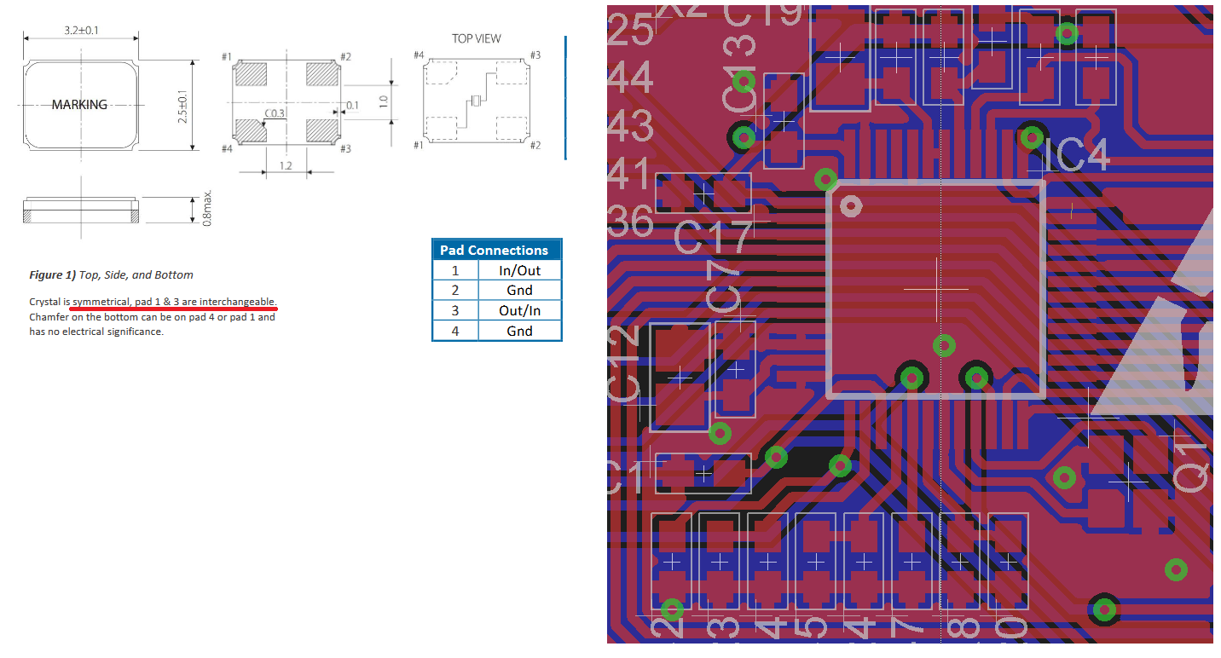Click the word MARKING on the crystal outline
click(x=79, y=105)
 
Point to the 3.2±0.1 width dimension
click(x=80, y=31)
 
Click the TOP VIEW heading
click(x=477, y=39)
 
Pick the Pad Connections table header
click(x=494, y=250)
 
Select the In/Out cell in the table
click(x=518, y=270)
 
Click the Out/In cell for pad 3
click(x=518, y=310)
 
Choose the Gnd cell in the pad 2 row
click(x=518, y=291)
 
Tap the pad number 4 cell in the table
click(x=454, y=331)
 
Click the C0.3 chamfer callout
click(x=275, y=113)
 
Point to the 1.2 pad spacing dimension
click(x=285, y=165)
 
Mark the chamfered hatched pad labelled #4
click(x=249, y=130)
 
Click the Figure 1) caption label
click(x=52, y=275)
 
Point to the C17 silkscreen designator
click(x=715, y=238)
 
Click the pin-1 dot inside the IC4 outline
click(x=850, y=205)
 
